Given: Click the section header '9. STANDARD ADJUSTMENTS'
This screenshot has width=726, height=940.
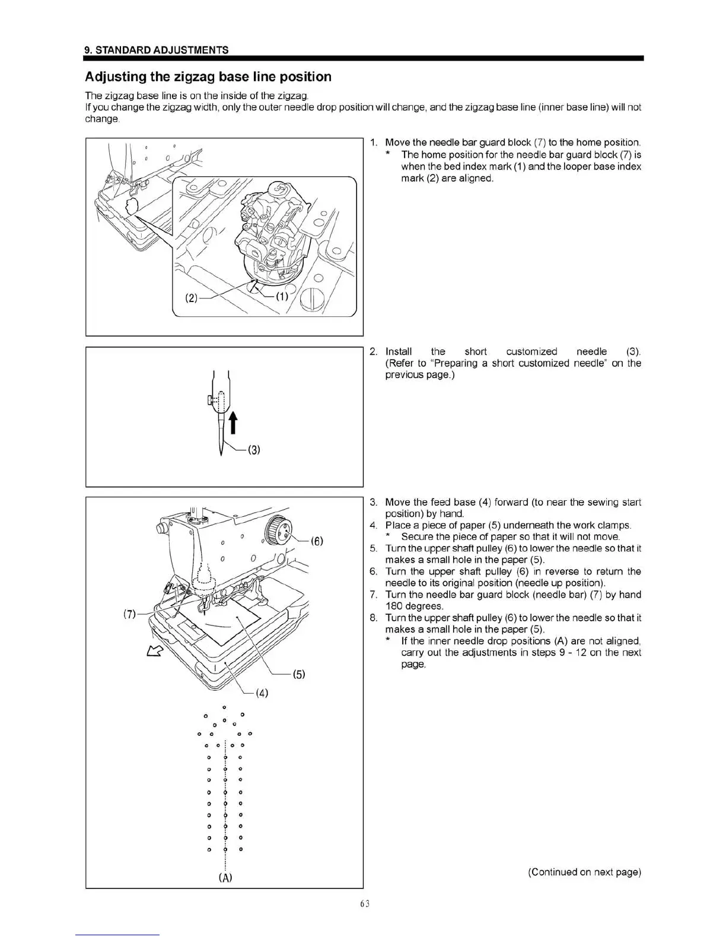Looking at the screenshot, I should coord(157,50).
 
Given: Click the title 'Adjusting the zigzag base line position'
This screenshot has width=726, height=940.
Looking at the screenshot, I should coord(208,77).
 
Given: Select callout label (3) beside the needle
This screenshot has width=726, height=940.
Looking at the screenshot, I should coord(253,449).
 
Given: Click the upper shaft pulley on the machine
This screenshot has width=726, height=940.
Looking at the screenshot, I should coord(278,529).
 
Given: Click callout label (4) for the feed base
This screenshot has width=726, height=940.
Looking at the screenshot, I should coord(262,693).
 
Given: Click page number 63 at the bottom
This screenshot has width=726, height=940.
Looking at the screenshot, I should coord(364,904).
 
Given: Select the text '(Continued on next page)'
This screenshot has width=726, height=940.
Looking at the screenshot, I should coord(584,872).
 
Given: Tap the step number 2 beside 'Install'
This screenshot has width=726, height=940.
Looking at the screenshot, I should coord(373,351).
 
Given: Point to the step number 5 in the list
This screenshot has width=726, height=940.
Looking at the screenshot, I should coord(373,548).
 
